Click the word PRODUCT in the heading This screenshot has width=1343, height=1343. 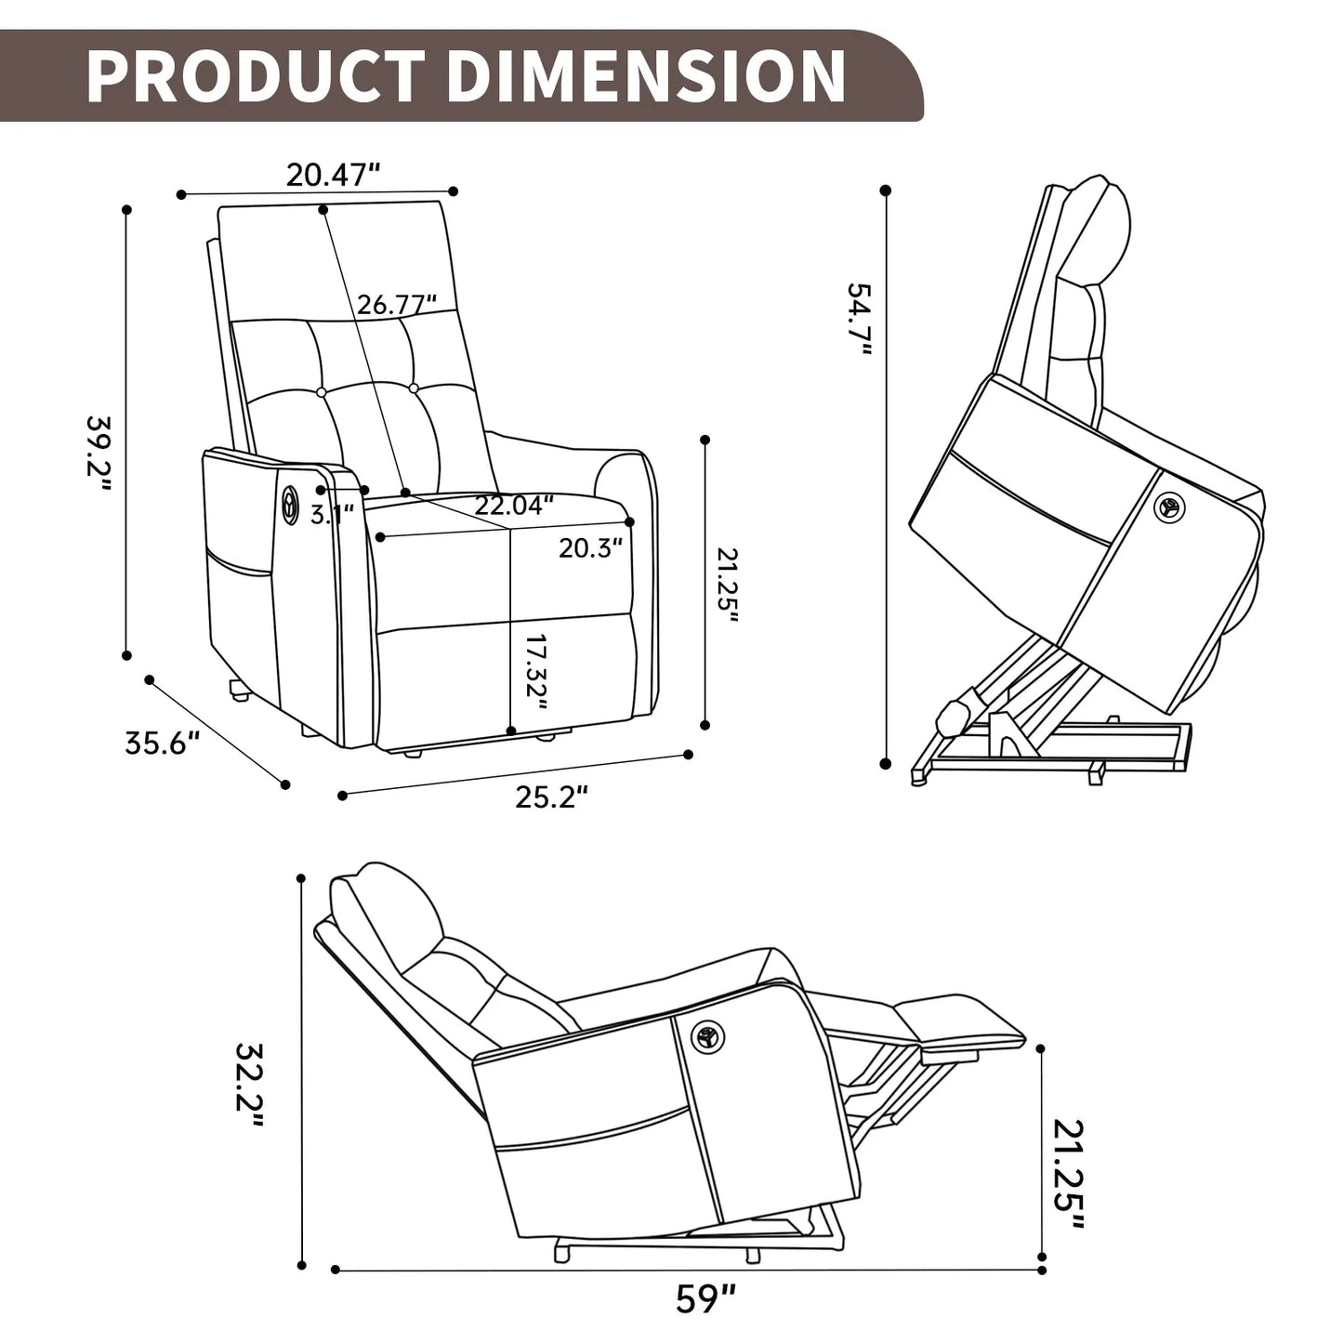pyautogui.click(x=256, y=75)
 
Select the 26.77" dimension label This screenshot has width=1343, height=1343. pyautogui.click(x=398, y=304)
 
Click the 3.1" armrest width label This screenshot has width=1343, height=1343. pyautogui.click(x=332, y=514)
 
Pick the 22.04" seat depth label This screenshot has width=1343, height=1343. pyautogui.click(x=514, y=505)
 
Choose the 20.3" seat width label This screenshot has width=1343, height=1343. pyautogui.click(x=590, y=547)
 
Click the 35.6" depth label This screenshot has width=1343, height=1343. pyautogui.click(x=163, y=743)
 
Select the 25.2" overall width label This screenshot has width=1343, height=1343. pyautogui.click(x=552, y=797)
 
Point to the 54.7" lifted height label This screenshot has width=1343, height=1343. pyautogui.click(x=859, y=319)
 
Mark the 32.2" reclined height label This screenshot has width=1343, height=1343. pyautogui.click(x=250, y=1084)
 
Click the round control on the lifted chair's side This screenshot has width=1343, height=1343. pyautogui.click(x=1168, y=507)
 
